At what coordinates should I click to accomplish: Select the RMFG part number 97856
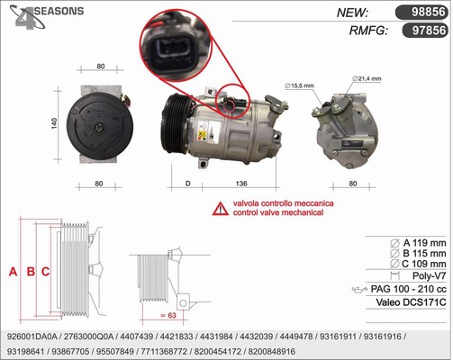(x=429, y=31)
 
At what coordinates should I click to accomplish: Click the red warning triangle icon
(x=221, y=209)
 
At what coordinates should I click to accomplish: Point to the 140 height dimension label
(x=54, y=123)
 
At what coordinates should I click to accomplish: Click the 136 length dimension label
(x=241, y=184)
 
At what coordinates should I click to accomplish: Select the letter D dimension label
(x=188, y=184)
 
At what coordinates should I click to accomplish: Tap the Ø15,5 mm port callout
(x=299, y=85)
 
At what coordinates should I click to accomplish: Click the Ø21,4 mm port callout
(x=367, y=79)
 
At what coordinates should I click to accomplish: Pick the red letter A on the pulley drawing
(x=13, y=272)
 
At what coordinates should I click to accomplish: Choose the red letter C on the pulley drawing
(x=45, y=272)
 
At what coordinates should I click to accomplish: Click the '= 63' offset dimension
(x=168, y=315)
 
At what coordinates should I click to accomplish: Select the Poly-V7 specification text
(x=429, y=275)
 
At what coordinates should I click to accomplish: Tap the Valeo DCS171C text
(x=411, y=302)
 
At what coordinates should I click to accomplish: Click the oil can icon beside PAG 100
(x=359, y=290)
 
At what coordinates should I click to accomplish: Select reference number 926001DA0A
(x=32, y=337)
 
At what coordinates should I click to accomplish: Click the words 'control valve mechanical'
(x=278, y=212)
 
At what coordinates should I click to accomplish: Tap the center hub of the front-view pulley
(x=99, y=128)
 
